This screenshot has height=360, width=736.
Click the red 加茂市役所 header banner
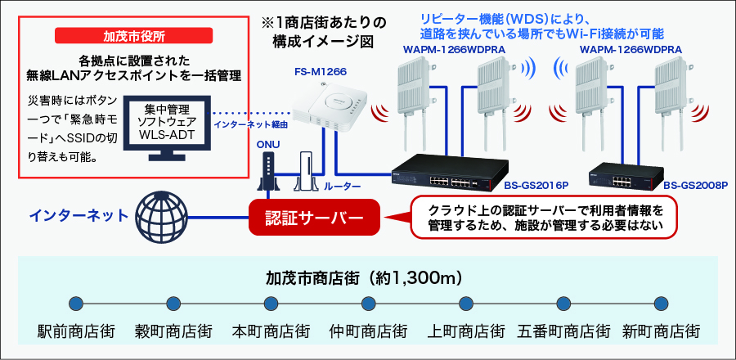point(134,35)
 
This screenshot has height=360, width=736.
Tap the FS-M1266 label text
point(321,72)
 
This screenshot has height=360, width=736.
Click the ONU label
point(268,145)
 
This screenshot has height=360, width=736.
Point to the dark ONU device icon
point(268,173)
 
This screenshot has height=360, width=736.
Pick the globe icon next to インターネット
point(161,216)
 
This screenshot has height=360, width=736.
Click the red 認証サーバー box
point(314,218)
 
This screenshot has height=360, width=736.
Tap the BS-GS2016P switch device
point(450,173)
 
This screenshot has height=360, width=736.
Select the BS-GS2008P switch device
point(626,177)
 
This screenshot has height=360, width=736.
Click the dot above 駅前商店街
point(76,304)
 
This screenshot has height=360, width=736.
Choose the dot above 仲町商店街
point(369,304)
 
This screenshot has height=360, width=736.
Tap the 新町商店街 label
point(661,331)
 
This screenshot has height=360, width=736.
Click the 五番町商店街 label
point(563,331)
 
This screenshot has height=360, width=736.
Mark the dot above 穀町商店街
point(173,304)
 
